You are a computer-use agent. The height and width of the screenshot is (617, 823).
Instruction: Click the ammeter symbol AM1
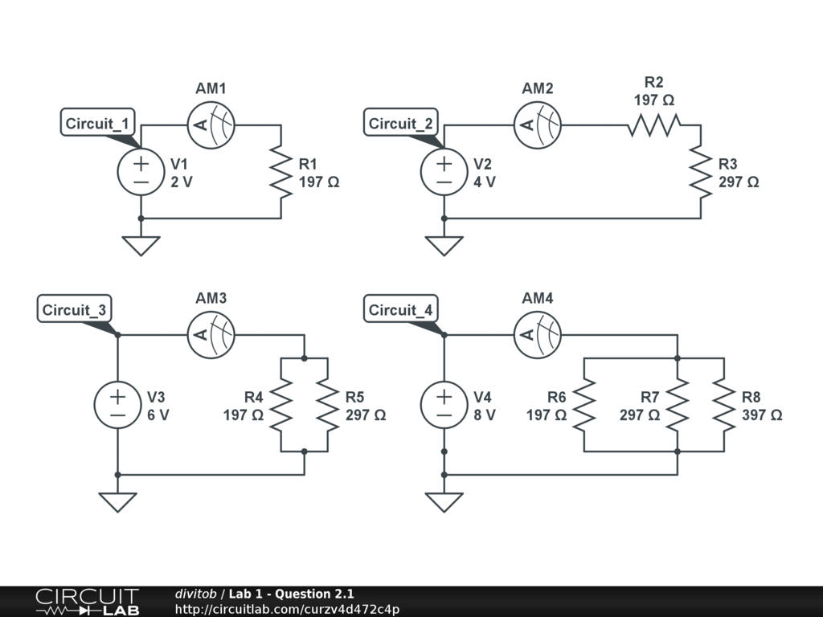(211, 125)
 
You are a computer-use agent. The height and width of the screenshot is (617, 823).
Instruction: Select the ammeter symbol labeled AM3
(211, 335)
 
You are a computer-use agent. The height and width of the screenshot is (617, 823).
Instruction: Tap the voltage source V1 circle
(141, 173)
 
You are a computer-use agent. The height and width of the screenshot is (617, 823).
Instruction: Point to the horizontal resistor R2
(654, 125)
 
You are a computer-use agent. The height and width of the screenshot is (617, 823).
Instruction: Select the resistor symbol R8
(724, 404)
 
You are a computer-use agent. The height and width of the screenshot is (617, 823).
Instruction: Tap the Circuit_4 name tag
(401, 310)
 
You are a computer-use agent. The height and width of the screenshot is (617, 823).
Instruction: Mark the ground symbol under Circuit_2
(444, 245)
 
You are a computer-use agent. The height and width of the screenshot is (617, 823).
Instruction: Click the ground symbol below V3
(118, 501)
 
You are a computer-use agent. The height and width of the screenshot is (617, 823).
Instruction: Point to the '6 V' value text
(158, 415)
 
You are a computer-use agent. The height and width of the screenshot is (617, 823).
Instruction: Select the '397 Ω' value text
(762, 415)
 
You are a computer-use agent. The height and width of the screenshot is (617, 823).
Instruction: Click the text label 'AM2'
(538, 88)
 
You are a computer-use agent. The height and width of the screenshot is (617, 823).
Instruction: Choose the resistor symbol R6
(584, 404)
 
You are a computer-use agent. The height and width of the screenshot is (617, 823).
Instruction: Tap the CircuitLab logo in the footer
(87, 602)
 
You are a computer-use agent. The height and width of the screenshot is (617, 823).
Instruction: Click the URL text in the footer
(287, 609)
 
